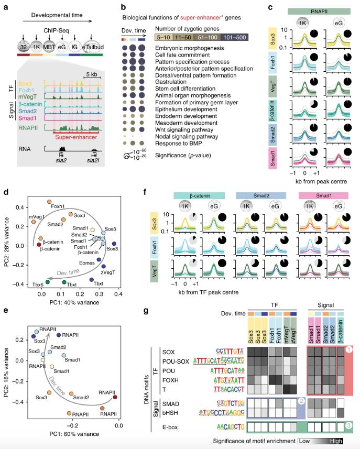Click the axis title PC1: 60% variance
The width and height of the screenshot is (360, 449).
(x=75, y=441)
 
